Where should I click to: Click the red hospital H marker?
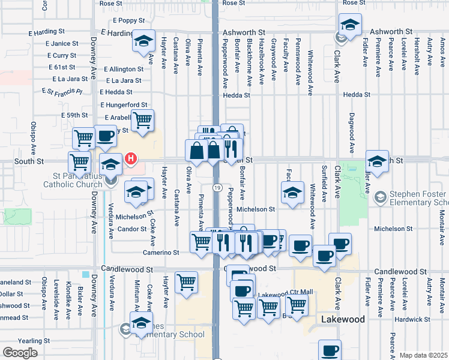pos(131,160)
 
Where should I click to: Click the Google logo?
pos(20,352)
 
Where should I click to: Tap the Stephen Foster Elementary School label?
pos(418,198)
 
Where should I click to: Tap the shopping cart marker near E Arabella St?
pos(142,119)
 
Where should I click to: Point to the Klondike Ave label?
pos(68,298)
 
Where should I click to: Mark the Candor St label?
pos(131,229)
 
